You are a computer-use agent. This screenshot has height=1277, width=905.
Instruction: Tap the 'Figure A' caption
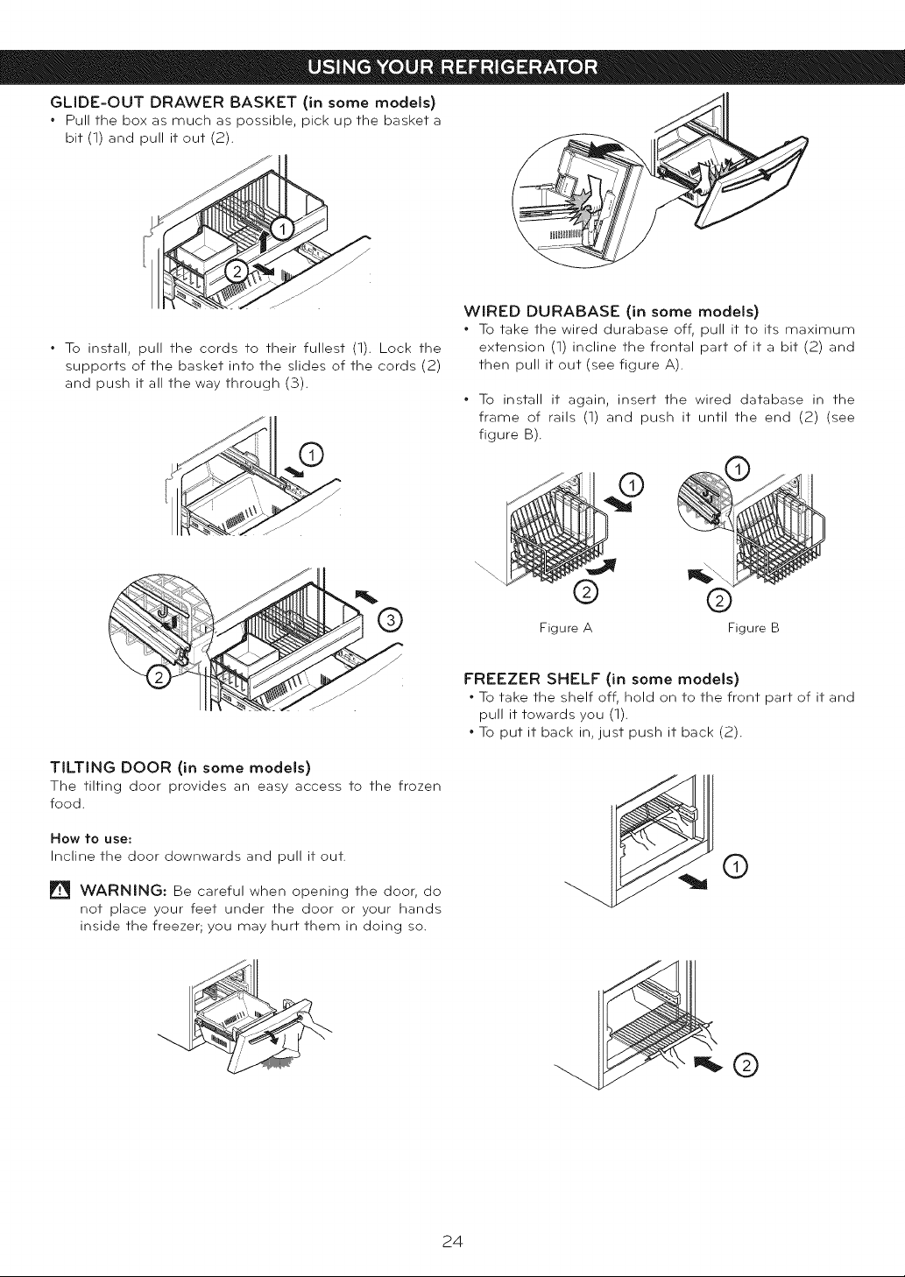tap(566, 628)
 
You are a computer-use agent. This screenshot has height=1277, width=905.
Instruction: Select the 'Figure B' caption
tap(753, 628)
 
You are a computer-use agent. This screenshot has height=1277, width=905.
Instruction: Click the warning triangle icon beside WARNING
tap(60, 891)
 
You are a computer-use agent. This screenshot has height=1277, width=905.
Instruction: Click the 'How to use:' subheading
tap(91, 838)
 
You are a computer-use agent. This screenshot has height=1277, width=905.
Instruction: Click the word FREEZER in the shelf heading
tap(501, 679)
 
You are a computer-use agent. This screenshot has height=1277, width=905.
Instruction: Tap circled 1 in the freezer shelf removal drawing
tap(735, 868)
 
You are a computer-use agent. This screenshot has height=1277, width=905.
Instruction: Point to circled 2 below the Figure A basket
tap(585, 592)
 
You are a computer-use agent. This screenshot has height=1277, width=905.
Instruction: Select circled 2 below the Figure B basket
tap(718, 600)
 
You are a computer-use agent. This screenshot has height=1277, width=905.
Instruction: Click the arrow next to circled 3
tap(366, 596)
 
